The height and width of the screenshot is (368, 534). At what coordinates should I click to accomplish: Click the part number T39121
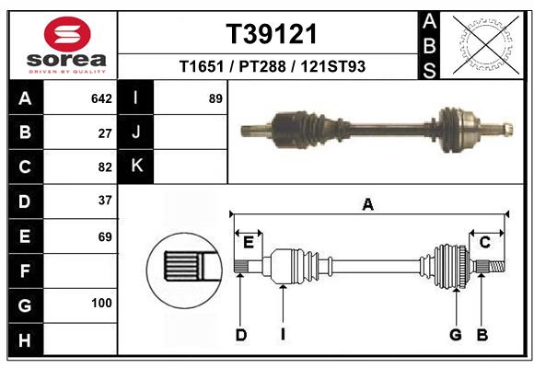(x=272, y=34)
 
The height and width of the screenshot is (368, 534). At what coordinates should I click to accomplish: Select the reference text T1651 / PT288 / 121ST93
(x=272, y=66)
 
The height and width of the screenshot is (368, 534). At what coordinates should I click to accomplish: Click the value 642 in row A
(x=101, y=98)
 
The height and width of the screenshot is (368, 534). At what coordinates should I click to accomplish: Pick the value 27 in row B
(x=105, y=132)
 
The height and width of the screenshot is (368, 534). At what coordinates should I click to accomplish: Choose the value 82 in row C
(x=105, y=167)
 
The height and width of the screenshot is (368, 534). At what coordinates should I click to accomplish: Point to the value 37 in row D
(x=105, y=201)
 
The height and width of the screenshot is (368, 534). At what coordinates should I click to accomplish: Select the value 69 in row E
(x=105, y=236)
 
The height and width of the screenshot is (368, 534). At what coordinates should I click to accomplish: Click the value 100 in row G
(x=101, y=303)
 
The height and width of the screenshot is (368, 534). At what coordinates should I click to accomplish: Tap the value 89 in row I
(x=215, y=98)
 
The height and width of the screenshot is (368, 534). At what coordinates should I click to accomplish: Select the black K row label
(x=136, y=167)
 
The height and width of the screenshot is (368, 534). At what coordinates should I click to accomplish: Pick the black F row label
(x=25, y=270)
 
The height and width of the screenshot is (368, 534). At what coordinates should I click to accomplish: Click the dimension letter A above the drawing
(x=368, y=205)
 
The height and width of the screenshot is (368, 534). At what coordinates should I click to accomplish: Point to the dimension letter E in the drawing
(x=248, y=242)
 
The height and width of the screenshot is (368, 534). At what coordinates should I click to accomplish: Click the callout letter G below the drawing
(x=455, y=335)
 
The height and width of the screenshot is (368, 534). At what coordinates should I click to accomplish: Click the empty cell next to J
(x=190, y=132)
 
